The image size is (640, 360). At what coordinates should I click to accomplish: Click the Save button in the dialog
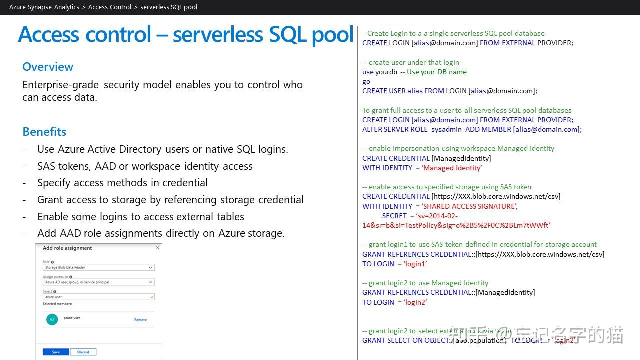click(x=56, y=352)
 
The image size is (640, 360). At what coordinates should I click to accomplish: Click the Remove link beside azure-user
click(x=140, y=320)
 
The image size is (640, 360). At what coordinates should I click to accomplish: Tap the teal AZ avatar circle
click(x=52, y=319)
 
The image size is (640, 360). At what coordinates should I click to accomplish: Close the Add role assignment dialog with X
click(x=158, y=248)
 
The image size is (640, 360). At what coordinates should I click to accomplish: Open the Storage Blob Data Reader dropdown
click(x=98, y=267)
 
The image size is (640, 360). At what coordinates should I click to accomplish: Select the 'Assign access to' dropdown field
click(x=98, y=282)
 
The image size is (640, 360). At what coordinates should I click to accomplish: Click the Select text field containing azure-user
click(x=98, y=297)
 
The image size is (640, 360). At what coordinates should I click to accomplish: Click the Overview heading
click(x=48, y=67)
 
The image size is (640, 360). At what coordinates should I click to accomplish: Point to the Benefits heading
click(x=44, y=132)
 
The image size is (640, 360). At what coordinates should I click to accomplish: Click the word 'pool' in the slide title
click(x=332, y=34)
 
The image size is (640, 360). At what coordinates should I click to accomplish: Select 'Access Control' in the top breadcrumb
click(x=110, y=7)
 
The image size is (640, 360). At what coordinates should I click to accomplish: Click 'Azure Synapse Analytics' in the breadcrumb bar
click(x=44, y=7)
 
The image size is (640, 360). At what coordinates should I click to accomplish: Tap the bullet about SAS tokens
click(x=145, y=166)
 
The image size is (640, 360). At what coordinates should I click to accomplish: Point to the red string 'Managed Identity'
click(x=452, y=168)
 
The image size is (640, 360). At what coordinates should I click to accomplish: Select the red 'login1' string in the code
click(x=415, y=264)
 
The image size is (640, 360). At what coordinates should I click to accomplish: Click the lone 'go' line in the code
click(x=366, y=81)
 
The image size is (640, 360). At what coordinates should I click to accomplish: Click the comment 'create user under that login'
click(x=414, y=62)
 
